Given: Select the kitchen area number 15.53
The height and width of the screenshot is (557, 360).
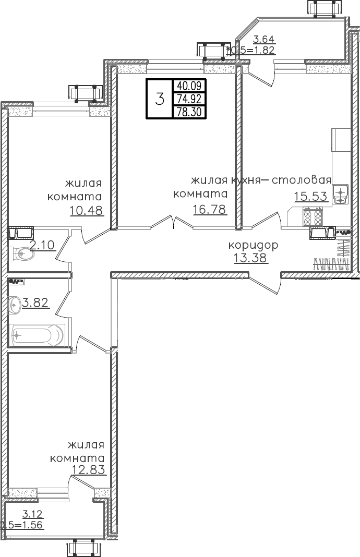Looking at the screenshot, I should (x=310, y=196).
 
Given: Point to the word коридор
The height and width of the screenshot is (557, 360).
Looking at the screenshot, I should (x=253, y=245).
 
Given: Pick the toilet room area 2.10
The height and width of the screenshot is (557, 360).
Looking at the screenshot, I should (x=42, y=245).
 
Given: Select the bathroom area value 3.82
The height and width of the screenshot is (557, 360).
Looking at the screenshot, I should (x=36, y=302).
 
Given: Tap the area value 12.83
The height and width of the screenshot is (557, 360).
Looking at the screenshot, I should (x=89, y=469).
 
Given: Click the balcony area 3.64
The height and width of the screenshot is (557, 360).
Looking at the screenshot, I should (x=263, y=39).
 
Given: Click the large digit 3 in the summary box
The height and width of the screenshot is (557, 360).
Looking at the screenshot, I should (x=160, y=99).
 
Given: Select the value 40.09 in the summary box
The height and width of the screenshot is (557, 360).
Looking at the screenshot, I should (x=189, y=86).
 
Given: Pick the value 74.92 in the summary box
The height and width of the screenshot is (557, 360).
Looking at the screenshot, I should (x=189, y=99).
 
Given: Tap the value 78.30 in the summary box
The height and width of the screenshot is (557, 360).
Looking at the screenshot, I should (x=189, y=112).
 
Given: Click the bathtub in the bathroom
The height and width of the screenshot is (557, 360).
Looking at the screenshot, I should (x=37, y=335).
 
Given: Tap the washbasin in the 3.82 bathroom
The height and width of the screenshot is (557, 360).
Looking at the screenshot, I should (x=14, y=302).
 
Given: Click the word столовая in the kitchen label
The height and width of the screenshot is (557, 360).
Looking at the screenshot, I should (x=303, y=180).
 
